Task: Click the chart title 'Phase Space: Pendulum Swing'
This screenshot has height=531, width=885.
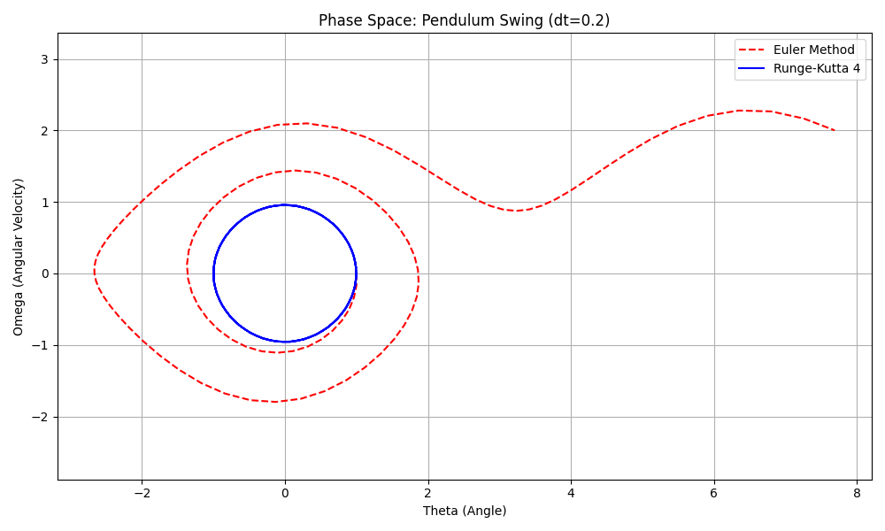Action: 464,20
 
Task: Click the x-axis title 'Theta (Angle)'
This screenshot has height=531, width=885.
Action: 465,511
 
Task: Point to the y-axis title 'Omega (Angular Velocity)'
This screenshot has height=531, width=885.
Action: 19,257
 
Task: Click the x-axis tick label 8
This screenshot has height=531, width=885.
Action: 857,493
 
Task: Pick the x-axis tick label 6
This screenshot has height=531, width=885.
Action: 714,493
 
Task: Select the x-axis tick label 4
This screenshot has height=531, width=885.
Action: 571,493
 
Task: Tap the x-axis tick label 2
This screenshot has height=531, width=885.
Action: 428,493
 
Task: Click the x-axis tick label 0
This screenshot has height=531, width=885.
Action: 285,493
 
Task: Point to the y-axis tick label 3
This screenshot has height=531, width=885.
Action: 44,59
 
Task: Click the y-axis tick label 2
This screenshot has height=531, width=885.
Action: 44,131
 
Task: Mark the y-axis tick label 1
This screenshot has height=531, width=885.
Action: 44,203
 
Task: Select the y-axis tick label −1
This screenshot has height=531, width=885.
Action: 41,345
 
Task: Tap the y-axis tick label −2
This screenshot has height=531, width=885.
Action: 41,417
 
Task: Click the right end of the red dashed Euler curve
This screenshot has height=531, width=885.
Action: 834,130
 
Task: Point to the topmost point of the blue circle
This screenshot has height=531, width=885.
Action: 284,205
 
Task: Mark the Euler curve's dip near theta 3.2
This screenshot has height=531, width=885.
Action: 516,211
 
